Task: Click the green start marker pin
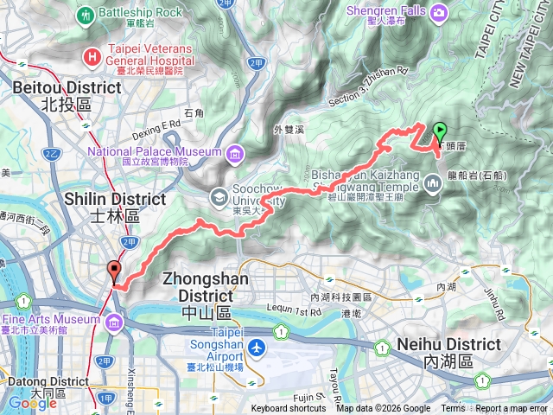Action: coord(439,132)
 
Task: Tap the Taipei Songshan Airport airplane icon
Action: coord(257,347)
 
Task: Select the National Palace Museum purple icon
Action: coord(235,155)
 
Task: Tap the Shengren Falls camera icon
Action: coord(440,12)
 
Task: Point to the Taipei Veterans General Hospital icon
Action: coord(90,57)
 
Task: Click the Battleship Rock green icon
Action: coord(86,15)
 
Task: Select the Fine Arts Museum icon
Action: coord(115,322)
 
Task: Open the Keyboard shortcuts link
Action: coord(289,409)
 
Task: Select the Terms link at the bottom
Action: coord(453,409)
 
